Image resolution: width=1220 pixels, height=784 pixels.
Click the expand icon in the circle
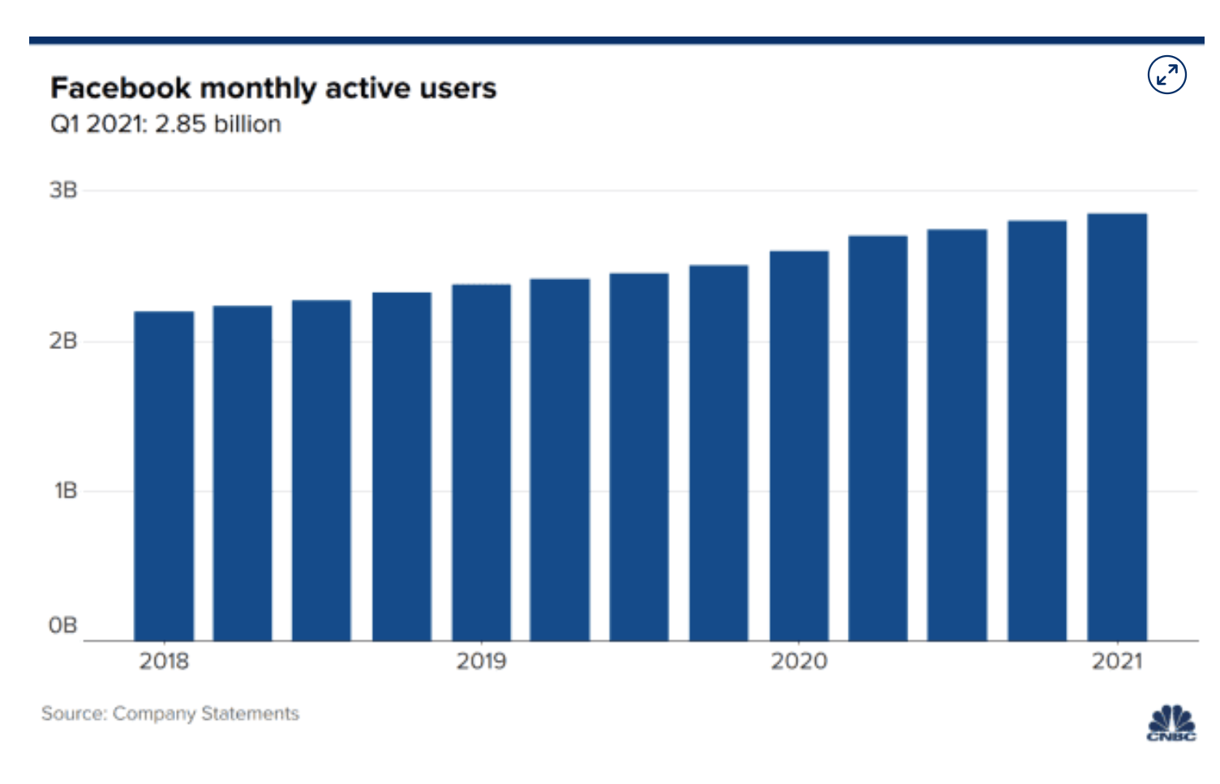[1166, 75]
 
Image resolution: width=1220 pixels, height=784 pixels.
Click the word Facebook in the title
[120, 88]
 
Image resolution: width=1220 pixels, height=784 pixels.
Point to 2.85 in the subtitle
[180, 124]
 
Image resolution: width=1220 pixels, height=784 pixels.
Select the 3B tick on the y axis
[63, 191]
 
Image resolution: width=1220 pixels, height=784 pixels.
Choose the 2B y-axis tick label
[63, 341]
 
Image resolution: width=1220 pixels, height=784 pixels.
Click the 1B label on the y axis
[65, 491]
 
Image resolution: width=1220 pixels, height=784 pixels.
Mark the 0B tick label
[63, 626]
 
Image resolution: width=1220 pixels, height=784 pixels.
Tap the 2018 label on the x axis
[164, 661]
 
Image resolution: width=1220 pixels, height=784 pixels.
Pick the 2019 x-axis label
[481, 661]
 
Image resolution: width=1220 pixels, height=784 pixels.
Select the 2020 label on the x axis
[799, 661]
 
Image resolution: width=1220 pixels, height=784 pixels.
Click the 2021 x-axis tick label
[1117, 661]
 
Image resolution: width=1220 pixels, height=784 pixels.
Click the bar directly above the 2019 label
[481, 463]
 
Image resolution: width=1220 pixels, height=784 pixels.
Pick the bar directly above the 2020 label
[799, 446]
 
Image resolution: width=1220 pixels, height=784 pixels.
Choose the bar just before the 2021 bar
[1037, 431]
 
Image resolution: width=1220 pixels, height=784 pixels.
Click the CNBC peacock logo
[1171, 723]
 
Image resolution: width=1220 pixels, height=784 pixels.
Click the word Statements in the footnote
[250, 713]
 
